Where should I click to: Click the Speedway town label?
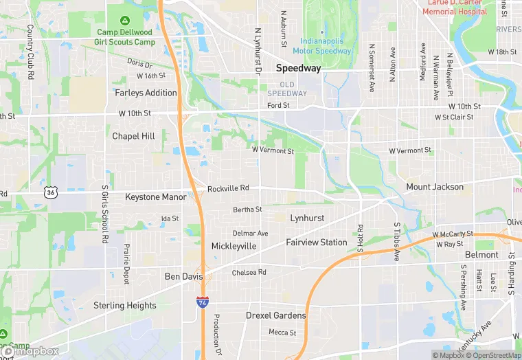pyautogui.click(x=299, y=68)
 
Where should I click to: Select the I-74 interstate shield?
pyautogui.click(x=202, y=302)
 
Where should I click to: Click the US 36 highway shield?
pyautogui.click(x=50, y=193)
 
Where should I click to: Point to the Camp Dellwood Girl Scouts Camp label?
pyautogui.click(x=126, y=37)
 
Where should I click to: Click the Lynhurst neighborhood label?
pyautogui.click(x=307, y=218)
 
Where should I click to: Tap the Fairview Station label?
pyautogui.click(x=316, y=242)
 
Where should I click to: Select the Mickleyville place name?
pyautogui.click(x=234, y=246)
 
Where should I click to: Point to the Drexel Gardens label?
pyautogui.click(x=275, y=315)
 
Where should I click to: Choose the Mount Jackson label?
pyautogui.click(x=435, y=187)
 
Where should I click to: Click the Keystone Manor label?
pyautogui.click(x=155, y=196)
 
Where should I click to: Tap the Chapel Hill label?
pyautogui.click(x=133, y=136)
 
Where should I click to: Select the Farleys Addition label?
pyautogui.click(x=146, y=93)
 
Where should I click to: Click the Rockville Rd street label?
pyautogui.click(x=228, y=188)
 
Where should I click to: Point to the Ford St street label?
pyautogui.click(x=278, y=106)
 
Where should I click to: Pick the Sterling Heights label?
pyautogui.click(x=125, y=305)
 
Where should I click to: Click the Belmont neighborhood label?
pyautogui.click(x=481, y=255)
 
